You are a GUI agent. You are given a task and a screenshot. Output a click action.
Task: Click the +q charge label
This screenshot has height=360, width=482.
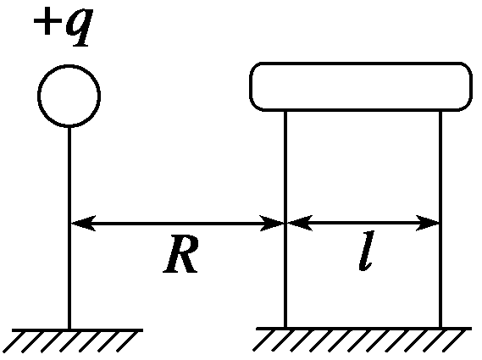[x=63, y=27]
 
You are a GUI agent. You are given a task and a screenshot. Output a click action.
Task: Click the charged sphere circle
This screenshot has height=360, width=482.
[x=69, y=65]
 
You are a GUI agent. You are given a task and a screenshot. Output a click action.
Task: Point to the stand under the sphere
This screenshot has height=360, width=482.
[x=69, y=228]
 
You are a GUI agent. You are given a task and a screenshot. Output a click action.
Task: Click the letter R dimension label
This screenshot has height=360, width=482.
[x=181, y=254]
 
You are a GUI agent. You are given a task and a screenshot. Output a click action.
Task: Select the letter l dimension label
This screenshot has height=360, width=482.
[x=367, y=251]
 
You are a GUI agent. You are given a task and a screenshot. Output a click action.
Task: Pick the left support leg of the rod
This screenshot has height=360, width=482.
[x=285, y=219]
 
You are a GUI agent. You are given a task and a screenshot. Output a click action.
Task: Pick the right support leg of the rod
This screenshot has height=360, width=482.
[x=440, y=219]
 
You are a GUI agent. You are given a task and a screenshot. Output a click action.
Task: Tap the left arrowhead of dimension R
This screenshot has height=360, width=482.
[x=83, y=223]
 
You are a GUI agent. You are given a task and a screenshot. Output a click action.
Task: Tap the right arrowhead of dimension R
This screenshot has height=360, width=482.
[x=272, y=223]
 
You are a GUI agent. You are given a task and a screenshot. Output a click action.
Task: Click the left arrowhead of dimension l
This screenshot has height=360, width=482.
[x=300, y=223]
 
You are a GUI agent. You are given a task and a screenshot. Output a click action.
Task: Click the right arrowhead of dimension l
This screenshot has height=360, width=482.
[x=427, y=223]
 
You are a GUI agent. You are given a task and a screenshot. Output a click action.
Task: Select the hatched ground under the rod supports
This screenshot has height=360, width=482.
[x=362, y=340]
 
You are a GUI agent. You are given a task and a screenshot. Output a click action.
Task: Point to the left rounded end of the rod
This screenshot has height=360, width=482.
[x=250, y=86]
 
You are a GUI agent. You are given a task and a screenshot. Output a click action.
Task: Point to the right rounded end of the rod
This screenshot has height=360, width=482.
[x=472, y=86]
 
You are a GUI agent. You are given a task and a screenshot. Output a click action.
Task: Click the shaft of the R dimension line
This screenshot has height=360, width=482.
[x=178, y=224]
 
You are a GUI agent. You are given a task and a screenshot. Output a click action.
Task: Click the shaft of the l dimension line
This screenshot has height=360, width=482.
[x=363, y=223]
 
